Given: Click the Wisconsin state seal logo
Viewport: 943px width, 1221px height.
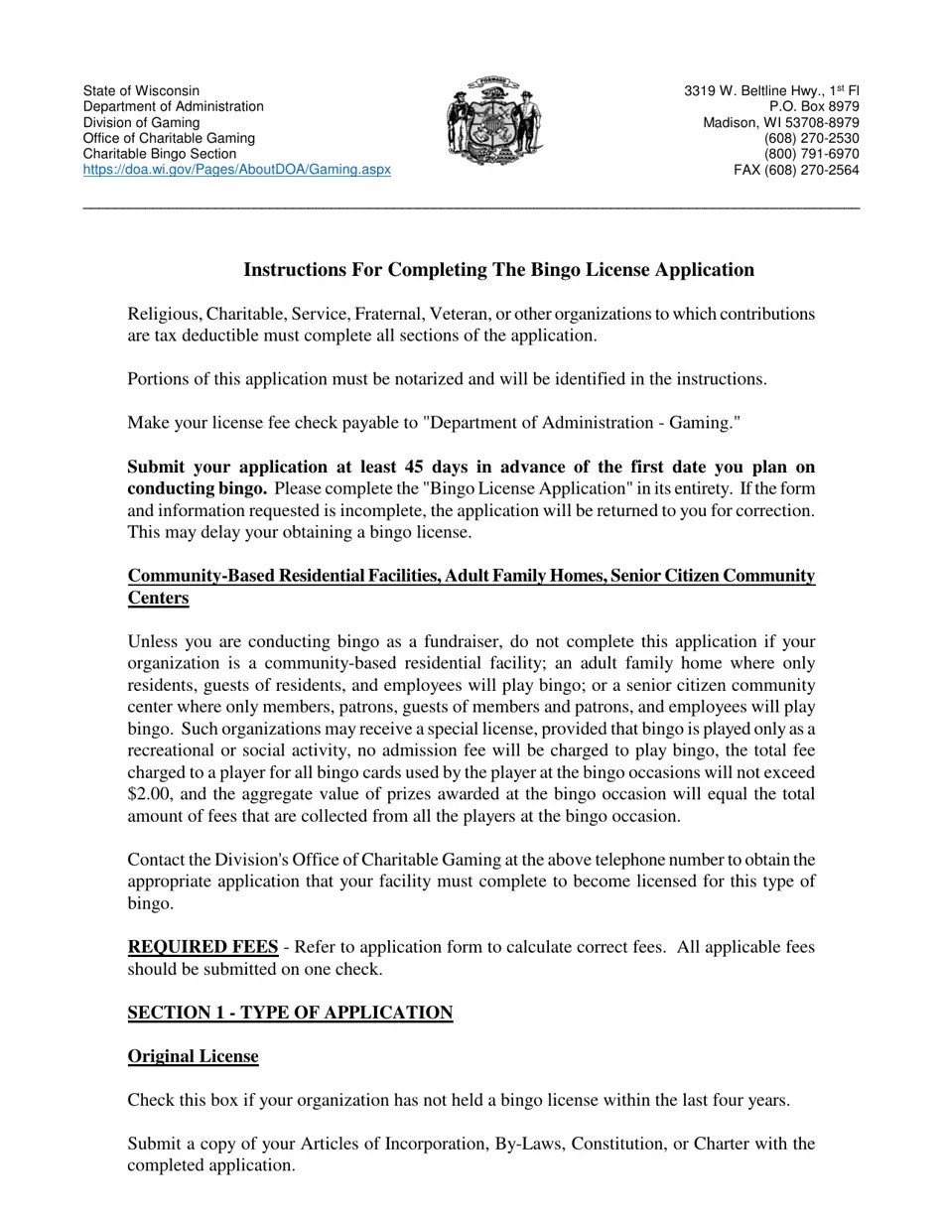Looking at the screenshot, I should [x=494, y=120].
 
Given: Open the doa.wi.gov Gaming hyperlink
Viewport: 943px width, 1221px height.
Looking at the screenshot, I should [x=236, y=170].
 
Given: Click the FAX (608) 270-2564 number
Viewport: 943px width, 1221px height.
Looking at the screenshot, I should [x=796, y=170].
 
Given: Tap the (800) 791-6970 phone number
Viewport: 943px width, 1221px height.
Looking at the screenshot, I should [x=811, y=154].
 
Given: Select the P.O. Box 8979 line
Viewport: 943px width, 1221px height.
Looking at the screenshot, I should [x=814, y=106].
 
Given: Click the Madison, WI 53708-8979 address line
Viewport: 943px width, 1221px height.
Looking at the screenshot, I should [x=781, y=122].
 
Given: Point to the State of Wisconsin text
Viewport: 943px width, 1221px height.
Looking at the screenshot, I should [x=141, y=90].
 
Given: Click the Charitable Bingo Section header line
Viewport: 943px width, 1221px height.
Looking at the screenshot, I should [x=160, y=154].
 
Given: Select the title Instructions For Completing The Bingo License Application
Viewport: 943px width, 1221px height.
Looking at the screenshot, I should [x=498, y=270].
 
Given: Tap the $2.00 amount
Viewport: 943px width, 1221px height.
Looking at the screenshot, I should [x=148, y=794].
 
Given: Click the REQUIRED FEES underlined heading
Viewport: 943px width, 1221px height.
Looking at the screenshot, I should [x=202, y=947].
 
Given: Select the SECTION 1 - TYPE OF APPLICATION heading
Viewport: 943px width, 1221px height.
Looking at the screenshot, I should [x=290, y=1013].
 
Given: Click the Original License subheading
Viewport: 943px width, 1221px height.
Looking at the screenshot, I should [x=193, y=1056].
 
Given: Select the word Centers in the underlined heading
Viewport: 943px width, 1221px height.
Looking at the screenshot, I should [x=158, y=598].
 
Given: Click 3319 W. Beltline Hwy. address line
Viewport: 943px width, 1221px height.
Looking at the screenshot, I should [x=771, y=90].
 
